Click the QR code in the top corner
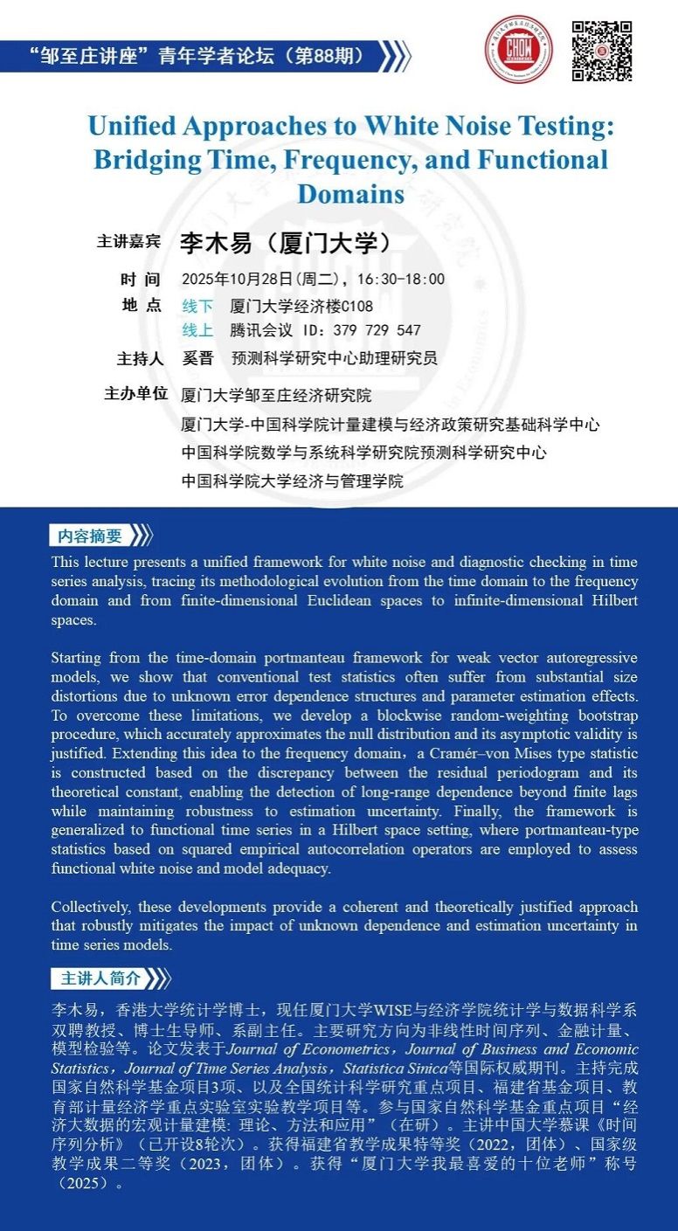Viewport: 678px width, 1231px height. [x=601, y=51]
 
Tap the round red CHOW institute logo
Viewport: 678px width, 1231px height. [x=519, y=50]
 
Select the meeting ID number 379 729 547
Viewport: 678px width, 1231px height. [x=377, y=330]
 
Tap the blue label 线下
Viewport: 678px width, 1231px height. [x=197, y=307]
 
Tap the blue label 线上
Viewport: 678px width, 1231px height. [x=197, y=330]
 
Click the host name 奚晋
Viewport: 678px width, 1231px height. [x=197, y=358]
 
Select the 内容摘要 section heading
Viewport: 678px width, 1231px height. [x=91, y=536]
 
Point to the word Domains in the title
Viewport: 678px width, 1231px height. [x=351, y=192]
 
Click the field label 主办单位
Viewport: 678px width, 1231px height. [x=135, y=394]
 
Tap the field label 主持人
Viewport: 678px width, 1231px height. [x=140, y=358]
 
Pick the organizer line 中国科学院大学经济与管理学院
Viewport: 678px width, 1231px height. [x=292, y=481]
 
